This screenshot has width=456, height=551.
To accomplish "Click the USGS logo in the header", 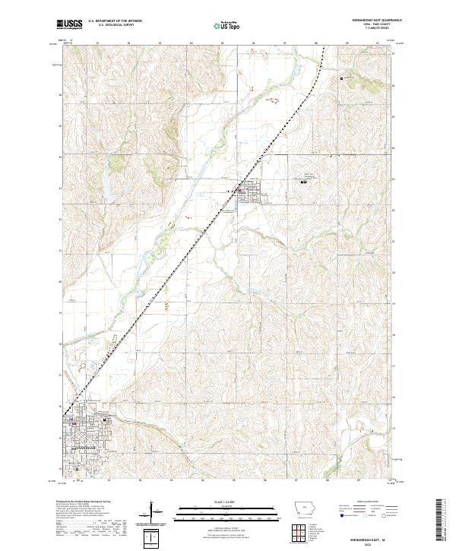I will (69, 24).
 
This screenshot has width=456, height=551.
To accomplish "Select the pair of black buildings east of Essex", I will (303, 183).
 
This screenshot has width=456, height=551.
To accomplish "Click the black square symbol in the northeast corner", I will (342, 78).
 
